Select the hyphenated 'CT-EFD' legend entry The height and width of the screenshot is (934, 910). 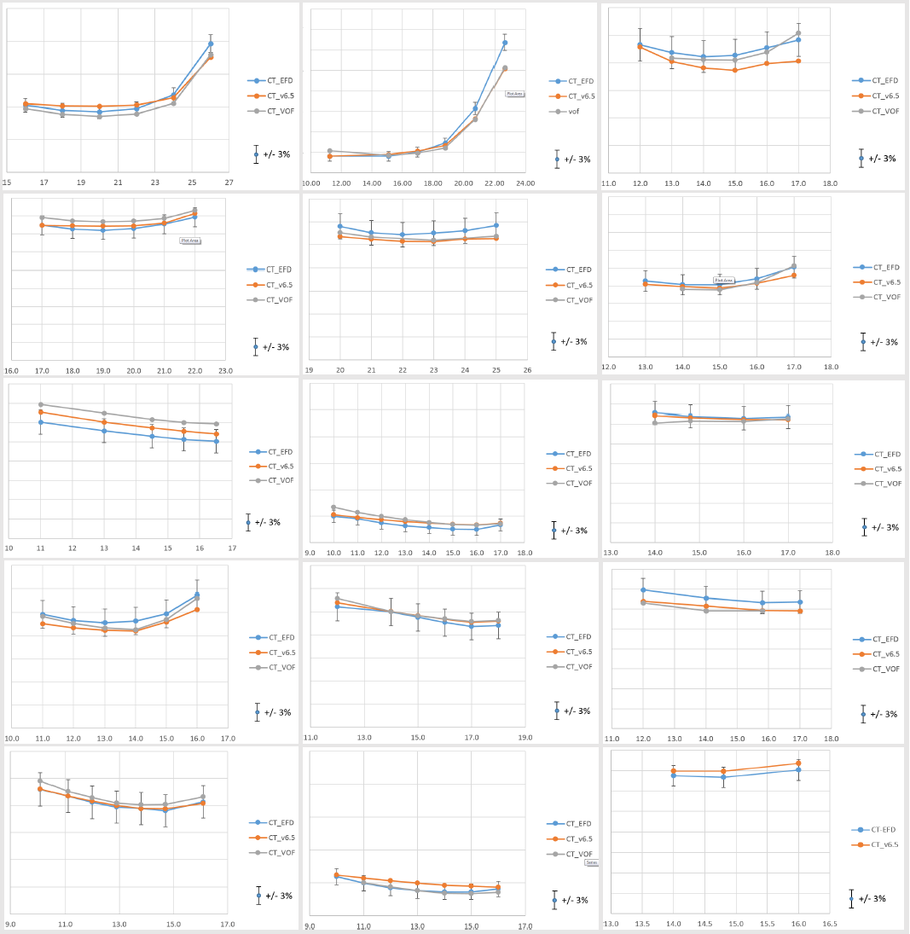[x=883, y=829]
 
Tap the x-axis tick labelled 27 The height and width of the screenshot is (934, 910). [x=229, y=183]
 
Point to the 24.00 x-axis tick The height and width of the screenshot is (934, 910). [x=525, y=183]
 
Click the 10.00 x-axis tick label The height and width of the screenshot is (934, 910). [x=311, y=183]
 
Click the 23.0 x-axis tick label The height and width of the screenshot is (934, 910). [x=225, y=371]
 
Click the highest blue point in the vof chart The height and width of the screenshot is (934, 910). [x=505, y=43]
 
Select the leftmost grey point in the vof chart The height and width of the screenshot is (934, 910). [x=329, y=151]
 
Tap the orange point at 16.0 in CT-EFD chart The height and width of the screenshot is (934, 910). [x=798, y=763]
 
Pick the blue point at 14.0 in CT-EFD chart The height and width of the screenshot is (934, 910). [x=674, y=775]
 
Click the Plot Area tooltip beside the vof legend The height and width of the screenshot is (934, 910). [x=515, y=94]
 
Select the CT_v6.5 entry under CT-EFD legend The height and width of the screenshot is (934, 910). [x=883, y=844]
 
